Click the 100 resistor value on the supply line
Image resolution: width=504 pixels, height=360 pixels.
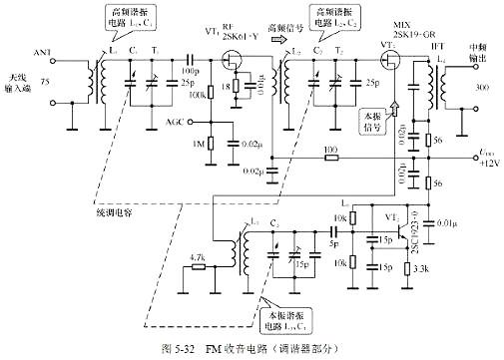click(329, 150)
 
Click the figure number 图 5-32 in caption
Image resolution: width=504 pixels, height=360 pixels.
click(180, 350)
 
